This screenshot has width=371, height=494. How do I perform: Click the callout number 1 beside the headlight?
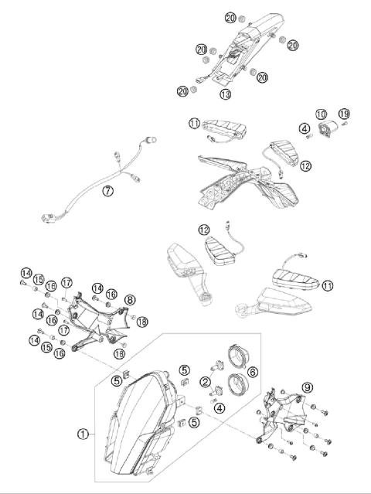83,434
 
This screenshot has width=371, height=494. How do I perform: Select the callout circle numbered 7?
109,190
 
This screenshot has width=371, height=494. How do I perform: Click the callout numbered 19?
344,114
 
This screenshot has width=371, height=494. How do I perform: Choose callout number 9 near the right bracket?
308,387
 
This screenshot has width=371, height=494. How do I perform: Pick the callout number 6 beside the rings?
254,372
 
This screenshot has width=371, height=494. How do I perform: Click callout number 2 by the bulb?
205,381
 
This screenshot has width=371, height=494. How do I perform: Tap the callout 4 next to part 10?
305,128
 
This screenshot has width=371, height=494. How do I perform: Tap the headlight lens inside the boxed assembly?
139,421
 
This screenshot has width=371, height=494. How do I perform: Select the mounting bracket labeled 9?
286,417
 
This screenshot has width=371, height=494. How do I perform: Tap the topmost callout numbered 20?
231,18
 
